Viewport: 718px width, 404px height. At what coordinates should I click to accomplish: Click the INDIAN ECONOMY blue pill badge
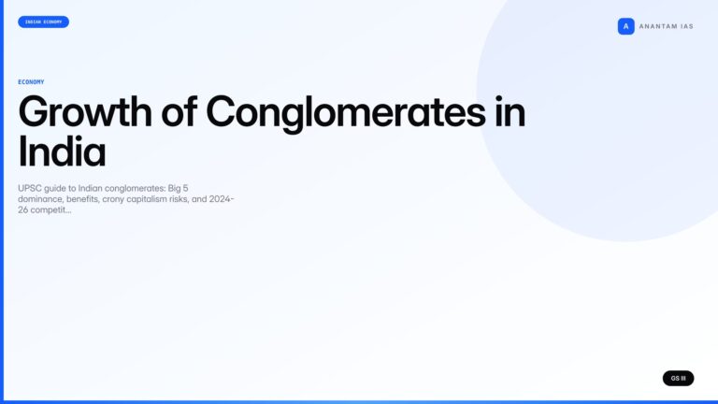tap(43, 22)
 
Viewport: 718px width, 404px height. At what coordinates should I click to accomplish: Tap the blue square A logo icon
tap(625, 26)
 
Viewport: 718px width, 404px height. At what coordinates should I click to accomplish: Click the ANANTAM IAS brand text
tap(666, 26)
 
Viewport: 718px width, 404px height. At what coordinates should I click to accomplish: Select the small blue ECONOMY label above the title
tap(31, 82)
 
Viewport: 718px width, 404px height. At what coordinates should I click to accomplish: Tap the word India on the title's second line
tap(62, 151)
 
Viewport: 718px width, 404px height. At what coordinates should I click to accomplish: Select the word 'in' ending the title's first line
tap(510, 113)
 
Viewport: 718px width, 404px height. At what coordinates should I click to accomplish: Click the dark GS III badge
tap(678, 378)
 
